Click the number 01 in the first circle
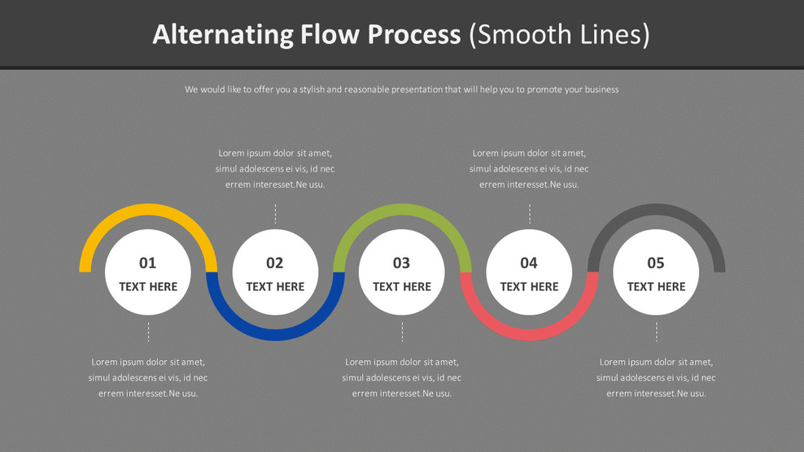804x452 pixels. pos(147,263)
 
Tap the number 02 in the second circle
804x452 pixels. pos(275,263)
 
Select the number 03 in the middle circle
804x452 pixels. pos(402,263)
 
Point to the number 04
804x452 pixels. pos(529,263)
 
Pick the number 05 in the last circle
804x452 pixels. pos(656,263)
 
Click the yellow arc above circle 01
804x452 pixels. pos(148,211)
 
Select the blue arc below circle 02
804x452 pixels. pos(275,333)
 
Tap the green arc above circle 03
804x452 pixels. pos(402,211)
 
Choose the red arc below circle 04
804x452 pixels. pos(529,333)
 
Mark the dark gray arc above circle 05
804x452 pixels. pos(656,211)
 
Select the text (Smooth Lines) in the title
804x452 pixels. pos(560,34)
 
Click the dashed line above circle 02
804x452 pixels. pos(275,214)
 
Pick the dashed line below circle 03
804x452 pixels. pos(402,331)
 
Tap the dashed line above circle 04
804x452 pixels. pos(529,214)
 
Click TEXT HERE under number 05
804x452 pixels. pos(656,286)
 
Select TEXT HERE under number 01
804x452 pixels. pos(148,286)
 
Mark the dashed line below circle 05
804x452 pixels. pos(656,331)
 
